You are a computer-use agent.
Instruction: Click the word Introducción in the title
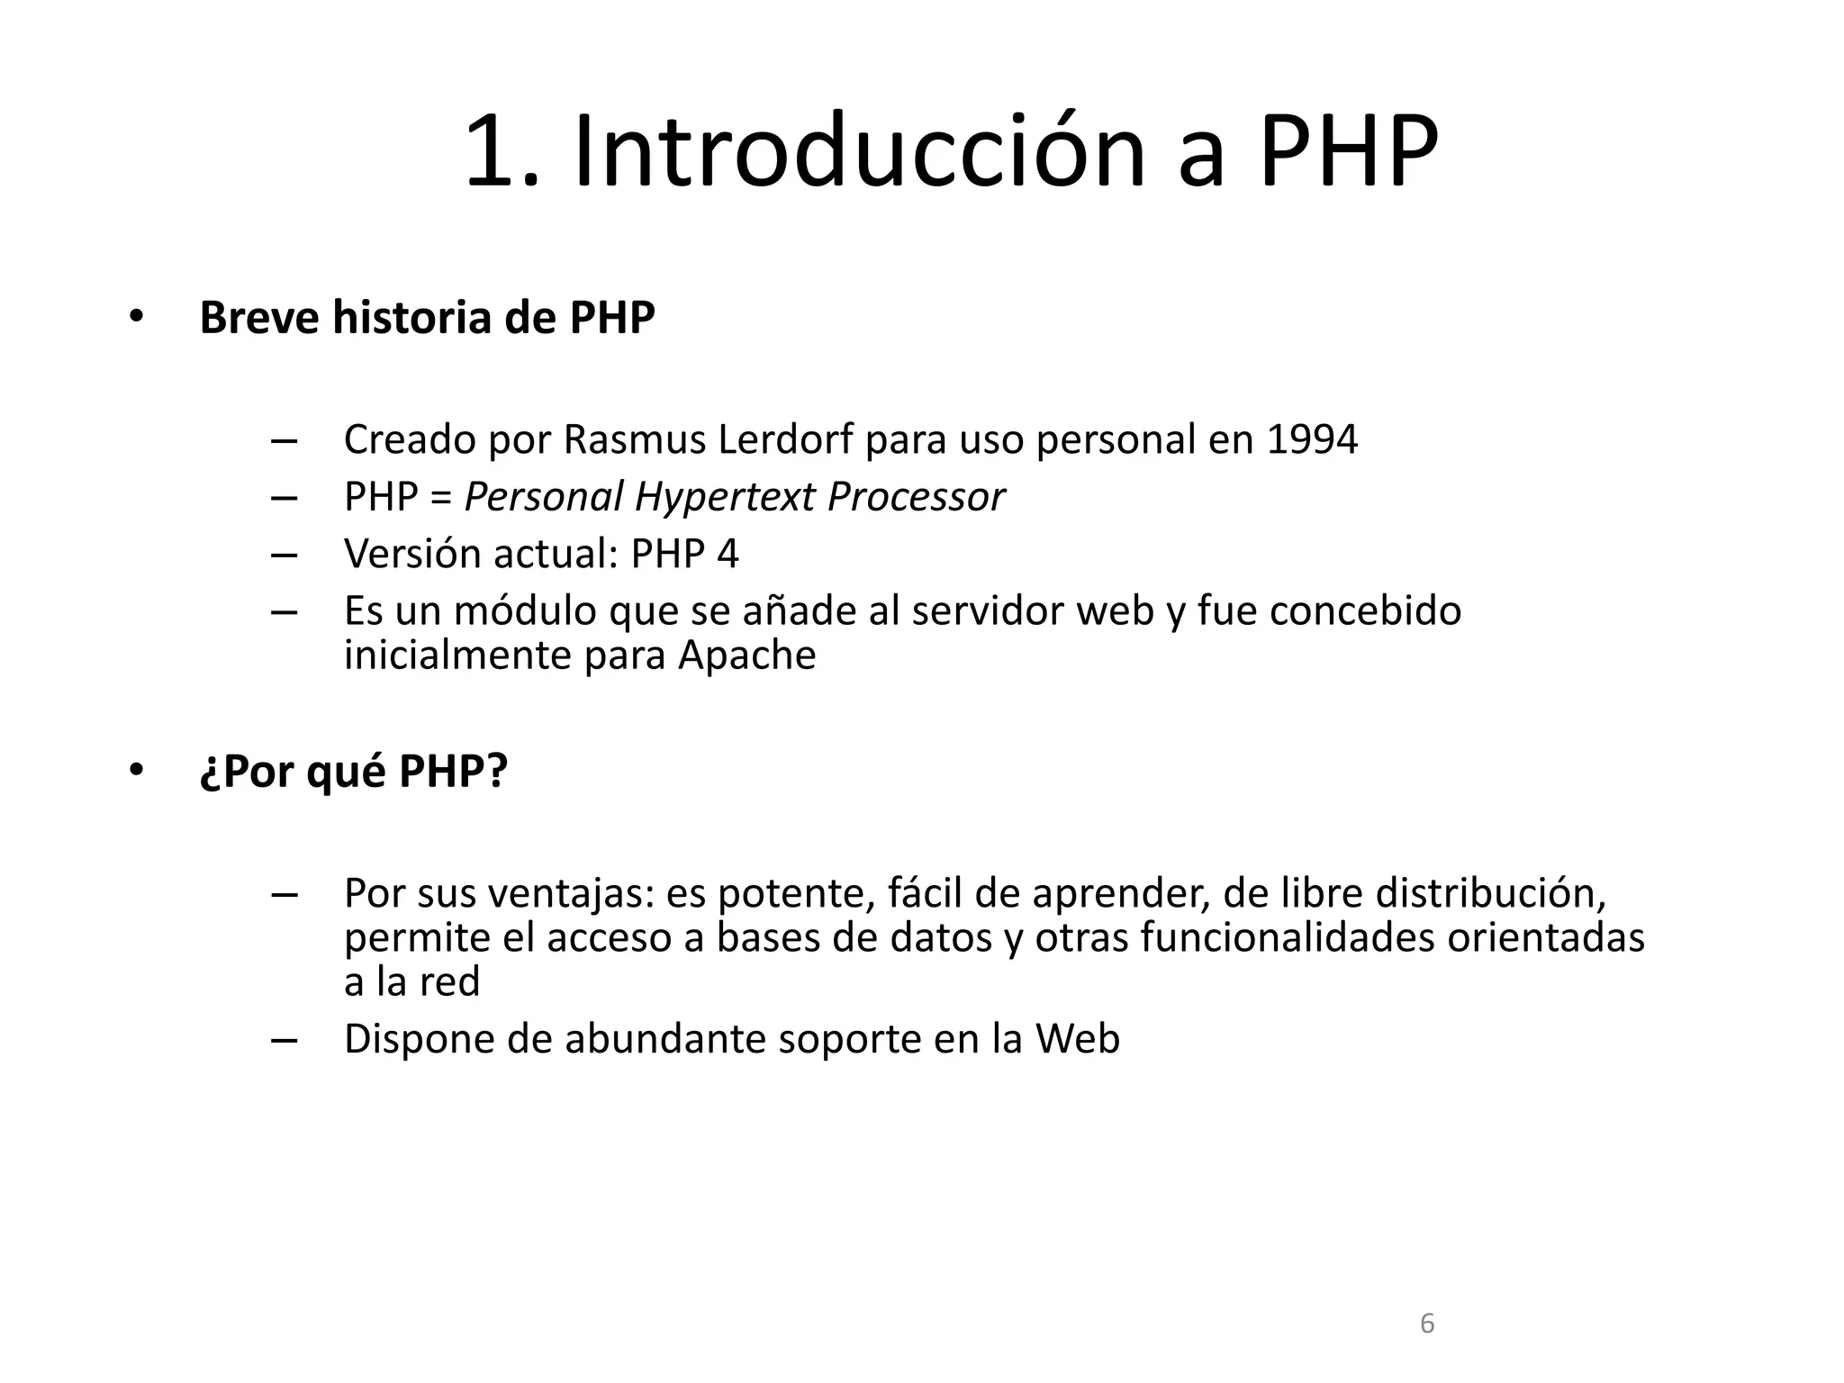point(859,151)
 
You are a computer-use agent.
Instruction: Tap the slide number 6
point(1426,1324)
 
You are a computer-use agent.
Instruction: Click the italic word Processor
point(916,497)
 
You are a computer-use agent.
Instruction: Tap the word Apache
point(746,655)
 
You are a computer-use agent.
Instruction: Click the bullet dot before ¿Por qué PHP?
point(136,771)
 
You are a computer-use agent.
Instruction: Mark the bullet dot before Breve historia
point(136,317)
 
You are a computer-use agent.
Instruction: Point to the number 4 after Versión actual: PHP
point(728,554)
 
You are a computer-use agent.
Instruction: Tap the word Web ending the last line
point(1077,1039)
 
